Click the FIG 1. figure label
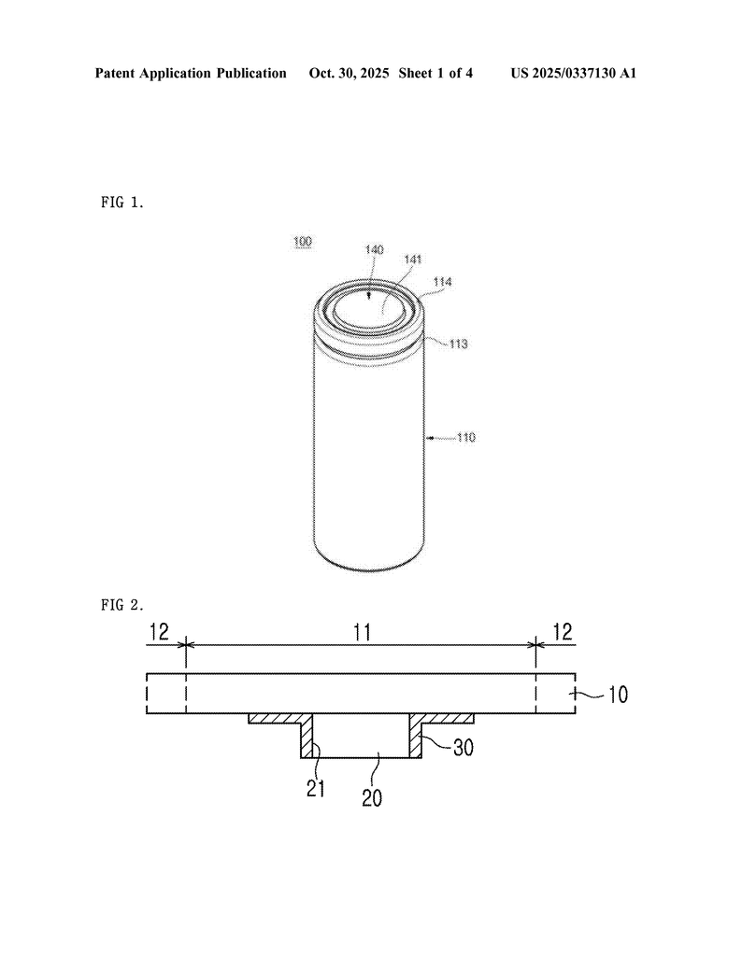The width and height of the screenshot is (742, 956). click(x=122, y=203)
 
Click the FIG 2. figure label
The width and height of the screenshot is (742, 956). click(x=122, y=605)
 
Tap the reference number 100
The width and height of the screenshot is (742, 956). click(x=303, y=242)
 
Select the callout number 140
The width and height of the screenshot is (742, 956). click(x=374, y=249)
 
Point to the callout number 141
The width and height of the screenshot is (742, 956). click(x=413, y=260)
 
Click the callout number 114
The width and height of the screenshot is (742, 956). click(x=442, y=282)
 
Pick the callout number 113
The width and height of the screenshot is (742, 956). click(x=458, y=344)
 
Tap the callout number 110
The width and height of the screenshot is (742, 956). click(x=466, y=437)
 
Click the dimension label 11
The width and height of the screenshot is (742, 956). click(x=363, y=632)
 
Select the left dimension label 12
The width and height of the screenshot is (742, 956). click(x=159, y=632)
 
